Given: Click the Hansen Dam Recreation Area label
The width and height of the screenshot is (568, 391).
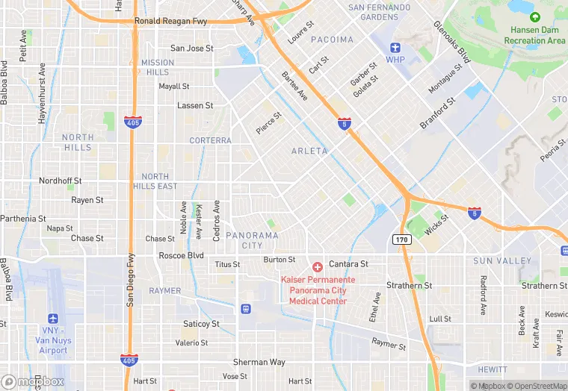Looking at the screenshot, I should click(537, 35).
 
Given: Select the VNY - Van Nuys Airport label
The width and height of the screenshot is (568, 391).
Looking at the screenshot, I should click(53, 340).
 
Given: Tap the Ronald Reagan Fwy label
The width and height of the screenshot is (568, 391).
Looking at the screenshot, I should click(170, 22).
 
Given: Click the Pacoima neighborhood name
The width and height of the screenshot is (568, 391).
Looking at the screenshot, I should click(332, 40).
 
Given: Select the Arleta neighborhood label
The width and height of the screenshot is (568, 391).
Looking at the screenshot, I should click(309, 151).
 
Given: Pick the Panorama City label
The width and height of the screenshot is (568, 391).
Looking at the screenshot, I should click(252, 240).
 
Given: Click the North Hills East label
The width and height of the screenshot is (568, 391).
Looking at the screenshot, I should click(155, 181).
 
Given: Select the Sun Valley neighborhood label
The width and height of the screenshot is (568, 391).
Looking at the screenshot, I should click(501, 261).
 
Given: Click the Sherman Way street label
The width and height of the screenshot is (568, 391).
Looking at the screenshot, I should click(259, 362).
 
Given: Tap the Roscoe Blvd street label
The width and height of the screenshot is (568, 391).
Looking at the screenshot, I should click(181, 255).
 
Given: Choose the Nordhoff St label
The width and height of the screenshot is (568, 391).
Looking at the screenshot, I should click(60, 181).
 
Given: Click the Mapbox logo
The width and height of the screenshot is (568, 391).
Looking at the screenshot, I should click(33, 381).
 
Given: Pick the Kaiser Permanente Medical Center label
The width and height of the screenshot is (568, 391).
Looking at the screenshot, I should click(314, 290).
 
